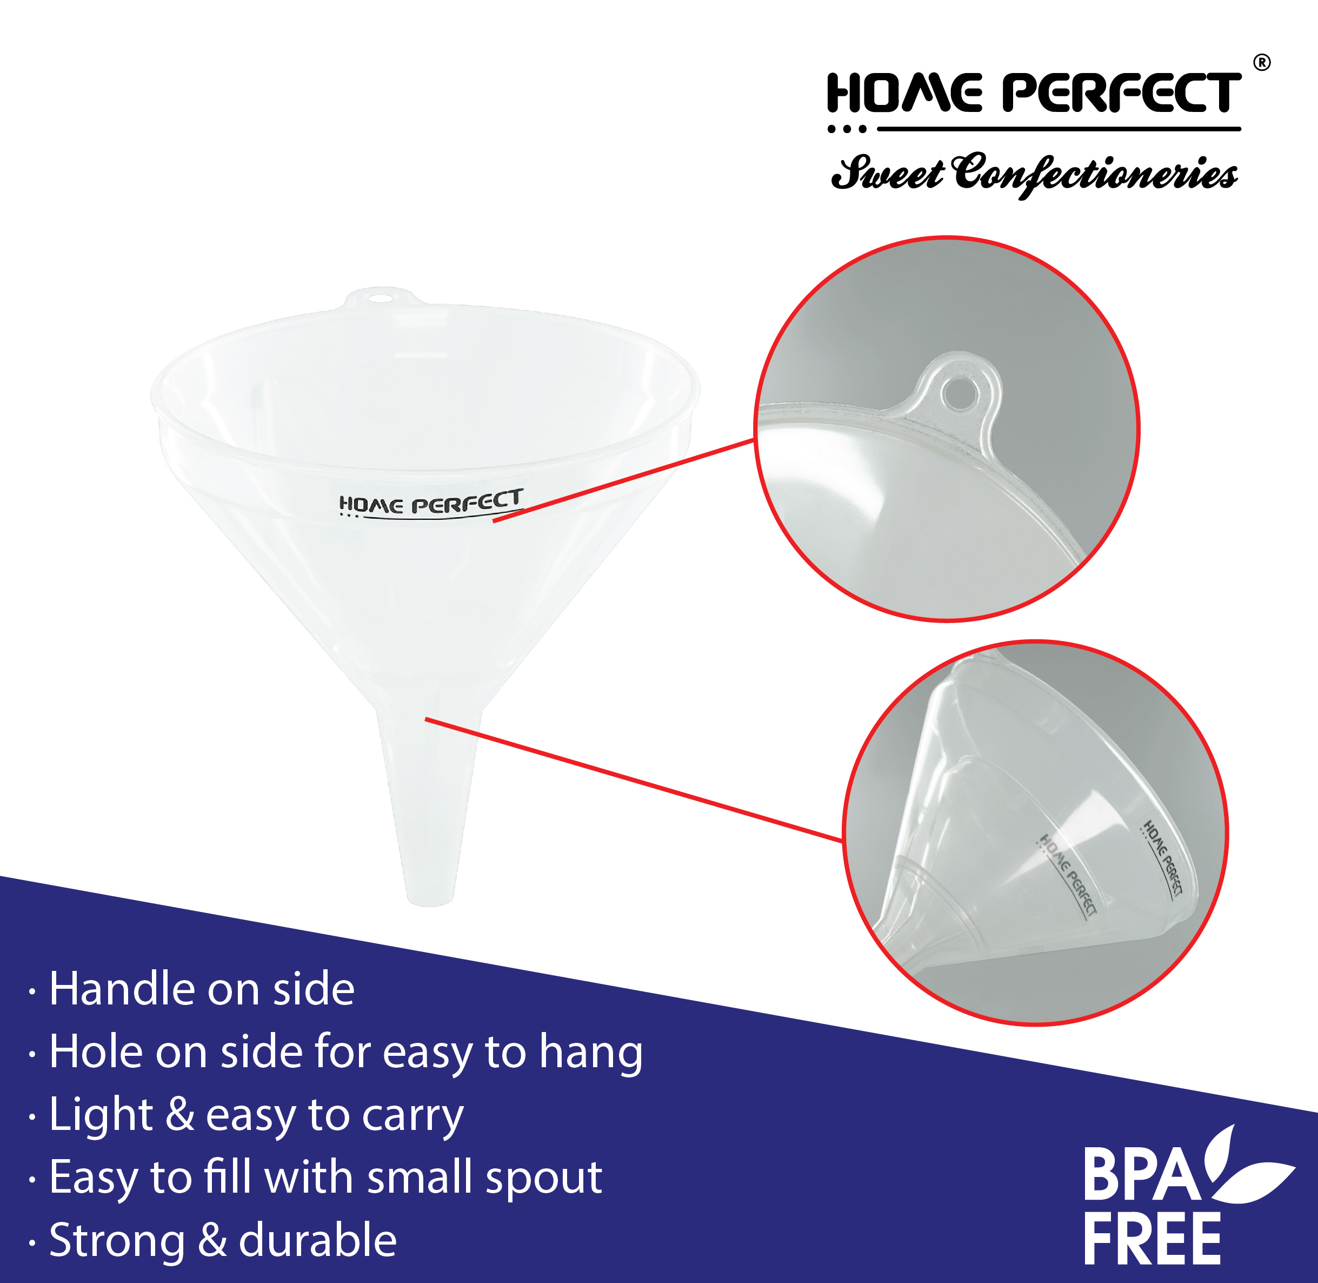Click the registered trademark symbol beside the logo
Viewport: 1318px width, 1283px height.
[x=1261, y=63]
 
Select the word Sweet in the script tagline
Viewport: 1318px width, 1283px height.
[x=888, y=173]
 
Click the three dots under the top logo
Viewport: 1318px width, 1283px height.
[x=847, y=129]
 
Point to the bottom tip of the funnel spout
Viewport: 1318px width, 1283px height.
[x=431, y=904]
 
